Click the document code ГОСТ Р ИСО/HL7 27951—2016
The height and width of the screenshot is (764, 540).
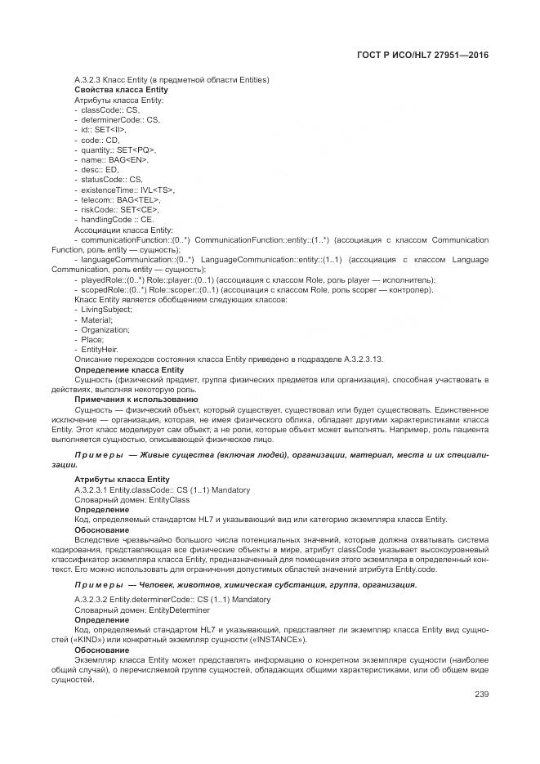(423, 55)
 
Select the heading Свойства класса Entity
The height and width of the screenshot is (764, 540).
(121, 89)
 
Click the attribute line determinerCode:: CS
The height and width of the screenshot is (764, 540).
(120, 119)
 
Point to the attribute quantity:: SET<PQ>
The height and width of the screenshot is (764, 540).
(118, 150)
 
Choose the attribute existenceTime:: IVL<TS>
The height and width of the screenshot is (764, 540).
(128, 190)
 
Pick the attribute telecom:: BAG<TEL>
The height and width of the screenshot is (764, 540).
(121, 199)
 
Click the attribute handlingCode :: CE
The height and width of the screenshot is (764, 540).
(118, 220)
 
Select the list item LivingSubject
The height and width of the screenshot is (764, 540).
(106, 310)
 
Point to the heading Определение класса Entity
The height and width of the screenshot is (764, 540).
(129, 369)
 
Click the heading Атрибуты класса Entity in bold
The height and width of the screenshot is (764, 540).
(122, 479)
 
